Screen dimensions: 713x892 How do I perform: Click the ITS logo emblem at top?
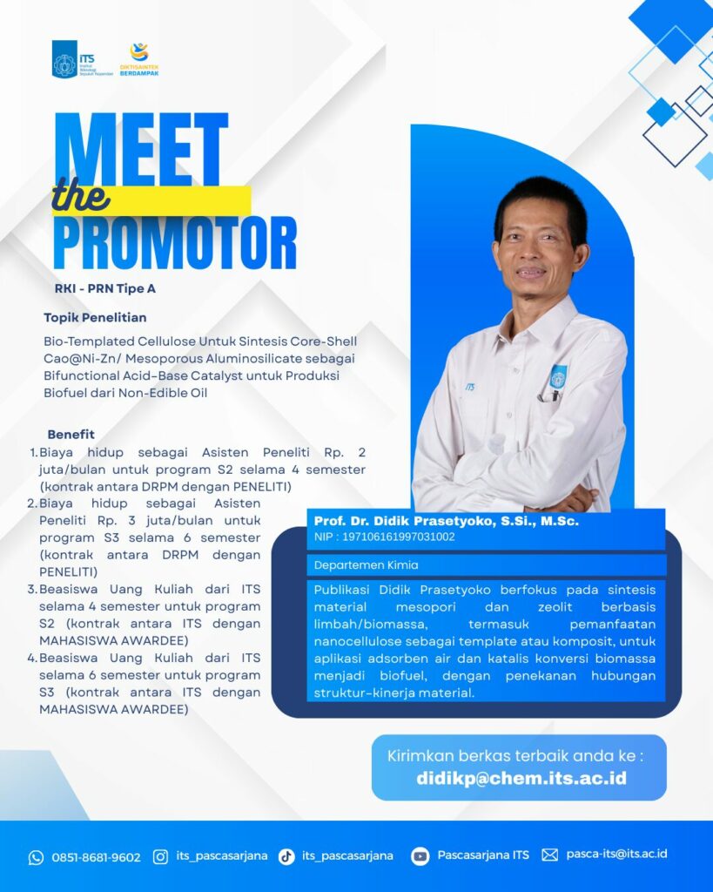(x=64, y=59)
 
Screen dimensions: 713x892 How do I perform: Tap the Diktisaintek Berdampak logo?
(x=139, y=59)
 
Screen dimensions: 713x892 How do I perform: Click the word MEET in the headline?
(x=142, y=150)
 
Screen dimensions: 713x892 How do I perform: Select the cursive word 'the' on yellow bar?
(x=80, y=196)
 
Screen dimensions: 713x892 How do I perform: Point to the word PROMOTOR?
(x=175, y=243)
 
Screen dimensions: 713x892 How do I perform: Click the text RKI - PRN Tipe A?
(x=105, y=288)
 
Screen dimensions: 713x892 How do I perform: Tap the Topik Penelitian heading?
(x=95, y=317)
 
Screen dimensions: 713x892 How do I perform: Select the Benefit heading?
(x=71, y=434)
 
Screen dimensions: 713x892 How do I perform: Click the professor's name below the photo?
(x=447, y=521)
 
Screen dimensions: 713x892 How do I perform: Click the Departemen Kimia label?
(x=367, y=564)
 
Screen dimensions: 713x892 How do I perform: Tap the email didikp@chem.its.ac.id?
(x=521, y=778)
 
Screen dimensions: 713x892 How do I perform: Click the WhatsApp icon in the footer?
(x=36, y=857)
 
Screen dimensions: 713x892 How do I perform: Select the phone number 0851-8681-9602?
(x=96, y=857)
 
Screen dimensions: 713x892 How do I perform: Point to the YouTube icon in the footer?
(x=420, y=856)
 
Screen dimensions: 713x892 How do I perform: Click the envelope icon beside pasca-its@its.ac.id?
(x=550, y=855)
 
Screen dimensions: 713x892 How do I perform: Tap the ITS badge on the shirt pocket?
(x=558, y=377)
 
